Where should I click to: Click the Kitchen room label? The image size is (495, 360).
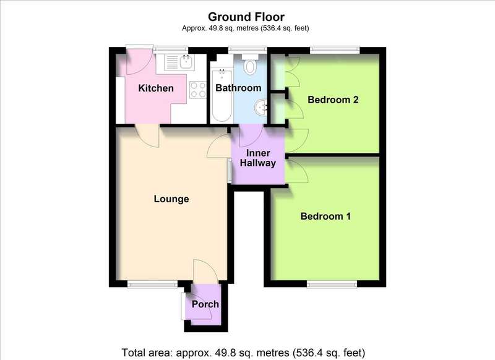[156, 88]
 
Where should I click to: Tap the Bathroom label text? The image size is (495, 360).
[238, 88]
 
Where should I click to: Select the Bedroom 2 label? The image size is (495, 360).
[333, 100]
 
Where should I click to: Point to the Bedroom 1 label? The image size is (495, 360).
[325, 216]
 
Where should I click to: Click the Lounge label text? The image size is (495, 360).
[171, 199]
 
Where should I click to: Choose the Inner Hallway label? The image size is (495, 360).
[258, 158]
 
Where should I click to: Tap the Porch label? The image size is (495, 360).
[205, 304]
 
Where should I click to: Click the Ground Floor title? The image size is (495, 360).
[246, 17]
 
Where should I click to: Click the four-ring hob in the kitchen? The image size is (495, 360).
[198, 90]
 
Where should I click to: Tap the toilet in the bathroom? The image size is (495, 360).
[250, 64]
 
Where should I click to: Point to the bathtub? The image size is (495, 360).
[222, 96]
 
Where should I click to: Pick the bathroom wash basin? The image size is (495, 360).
[260, 108]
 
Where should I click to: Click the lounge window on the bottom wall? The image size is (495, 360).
[153, 285]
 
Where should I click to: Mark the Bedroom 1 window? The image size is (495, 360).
[332, 285]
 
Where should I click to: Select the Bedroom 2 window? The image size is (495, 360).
[335, 49]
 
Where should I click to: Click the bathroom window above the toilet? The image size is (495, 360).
[247, 49]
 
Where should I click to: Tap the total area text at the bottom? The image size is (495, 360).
[243, 352]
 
